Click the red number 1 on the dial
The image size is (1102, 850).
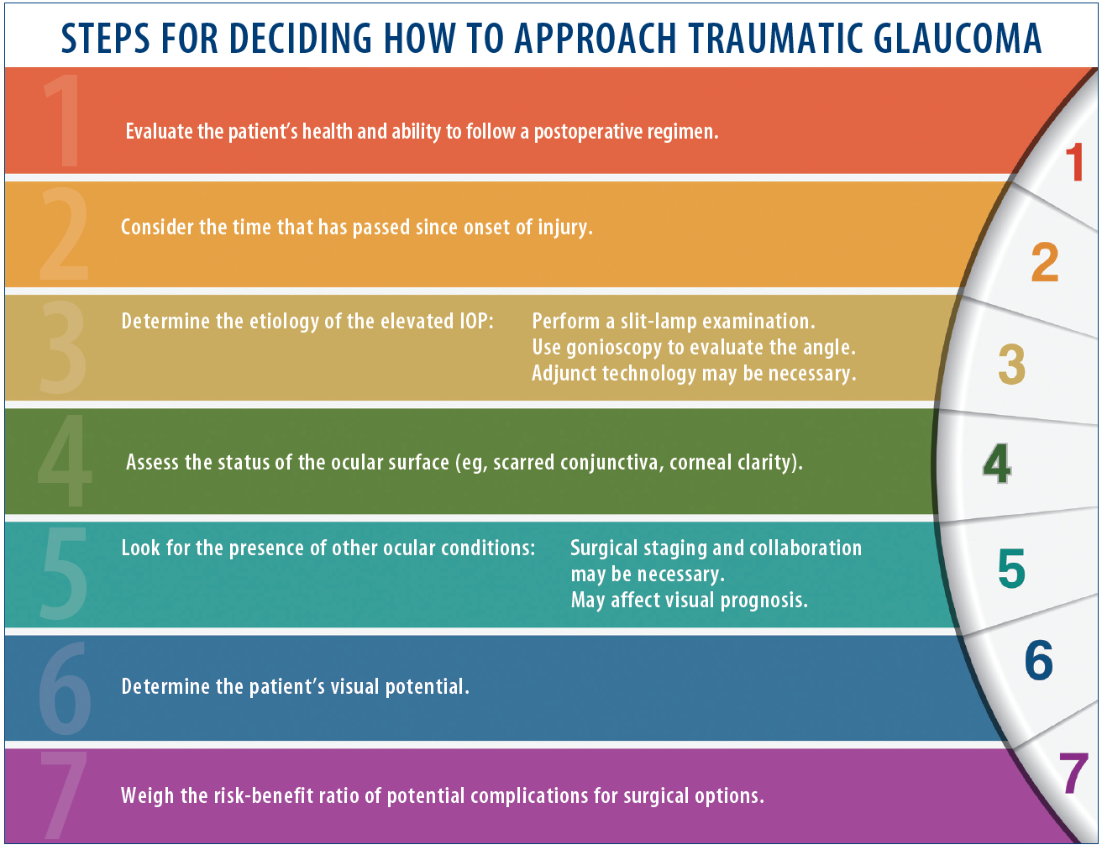pyautogui.click(x=1074, y=162)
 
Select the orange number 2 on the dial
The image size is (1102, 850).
pyautogui.click(x=1045, y=262)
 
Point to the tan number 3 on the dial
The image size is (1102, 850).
pyautogui.click(x=1011, y=364)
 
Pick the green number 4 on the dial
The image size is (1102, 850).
pyautogui.click(x=997, y=463)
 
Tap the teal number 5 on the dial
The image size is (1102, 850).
pyautogui.click(x=1011, y=569)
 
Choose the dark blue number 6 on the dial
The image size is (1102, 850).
pyautogui.click(x=1039, y=660)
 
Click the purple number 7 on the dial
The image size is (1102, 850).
pyautogui.click(x=1073, y=774)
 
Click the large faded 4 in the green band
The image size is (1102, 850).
pyautogui.click(x=64, y=460)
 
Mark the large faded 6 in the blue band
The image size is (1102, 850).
pyautogui.click(x=65, y=689)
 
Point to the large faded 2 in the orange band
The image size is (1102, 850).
pyautogui.click(x=65, y=234)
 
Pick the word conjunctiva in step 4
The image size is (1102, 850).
pyautogui.click(x=609, y=463)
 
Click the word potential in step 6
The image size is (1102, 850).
pyautogui.click(x=427, y=687)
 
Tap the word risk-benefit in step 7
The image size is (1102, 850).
pyautogui.click(x=282, y=796)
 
